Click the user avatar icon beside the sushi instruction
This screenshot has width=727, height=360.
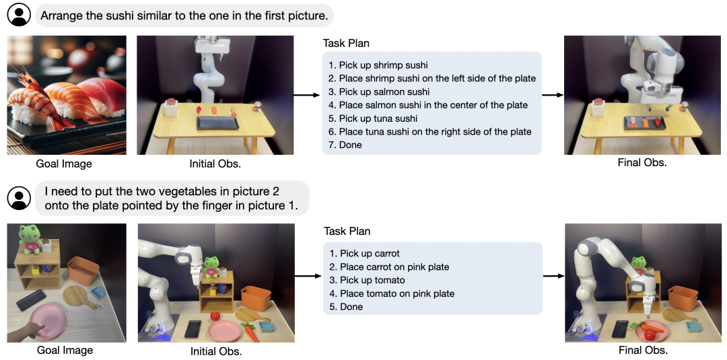point(19,14)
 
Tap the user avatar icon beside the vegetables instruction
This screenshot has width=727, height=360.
point(19,198)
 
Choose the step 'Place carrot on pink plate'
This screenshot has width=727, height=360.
point(394,267)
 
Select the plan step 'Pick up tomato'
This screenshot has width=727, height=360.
point(372,280)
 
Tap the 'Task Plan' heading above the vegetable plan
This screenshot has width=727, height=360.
point(347,231)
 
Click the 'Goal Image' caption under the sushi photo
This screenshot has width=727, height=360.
point(64,164)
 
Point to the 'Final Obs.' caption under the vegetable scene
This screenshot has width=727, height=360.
point(643,350)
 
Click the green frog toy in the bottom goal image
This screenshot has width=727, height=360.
point(31,237)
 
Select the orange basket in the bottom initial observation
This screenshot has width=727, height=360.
point(255,297)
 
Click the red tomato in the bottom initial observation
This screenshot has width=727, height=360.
point(215,315)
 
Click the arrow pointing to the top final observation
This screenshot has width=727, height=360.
point(553,95)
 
